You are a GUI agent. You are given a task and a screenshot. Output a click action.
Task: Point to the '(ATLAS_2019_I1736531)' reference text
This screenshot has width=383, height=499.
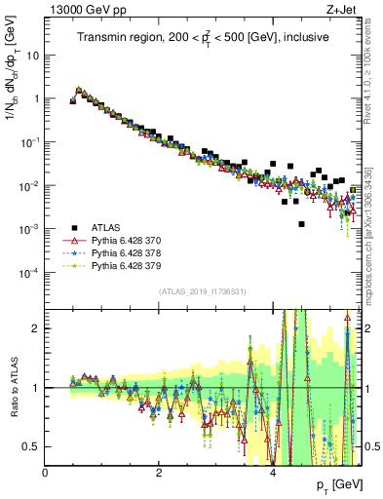tap(203, 292)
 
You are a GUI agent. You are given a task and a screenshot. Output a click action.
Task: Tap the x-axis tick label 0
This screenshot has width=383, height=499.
tap(45, 473)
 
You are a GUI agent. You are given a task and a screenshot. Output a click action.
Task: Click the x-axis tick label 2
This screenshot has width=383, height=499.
tap(159, 473)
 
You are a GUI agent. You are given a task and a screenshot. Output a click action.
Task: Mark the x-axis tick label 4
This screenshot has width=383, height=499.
tap(273, 473)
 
